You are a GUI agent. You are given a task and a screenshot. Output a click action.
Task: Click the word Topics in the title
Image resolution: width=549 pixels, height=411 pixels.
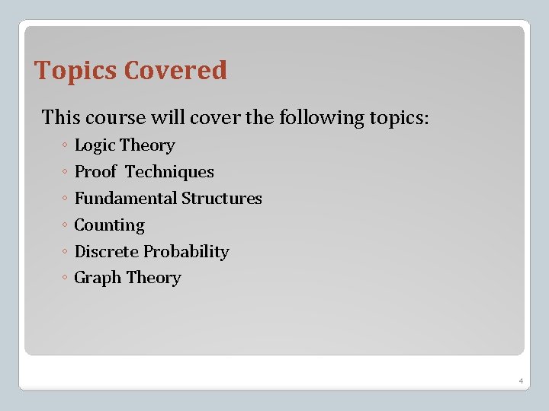76,71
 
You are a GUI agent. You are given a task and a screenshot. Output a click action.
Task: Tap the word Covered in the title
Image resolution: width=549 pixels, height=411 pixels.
175,71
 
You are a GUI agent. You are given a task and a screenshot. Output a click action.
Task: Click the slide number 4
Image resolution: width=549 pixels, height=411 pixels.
520,381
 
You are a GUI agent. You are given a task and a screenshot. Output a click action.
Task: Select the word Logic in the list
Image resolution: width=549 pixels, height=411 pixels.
95,145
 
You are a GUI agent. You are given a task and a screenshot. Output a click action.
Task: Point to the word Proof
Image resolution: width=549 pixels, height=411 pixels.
95,172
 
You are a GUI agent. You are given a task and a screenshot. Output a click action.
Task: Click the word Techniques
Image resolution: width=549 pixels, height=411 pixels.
169,172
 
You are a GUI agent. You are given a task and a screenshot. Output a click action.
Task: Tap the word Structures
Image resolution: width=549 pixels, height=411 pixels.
221,199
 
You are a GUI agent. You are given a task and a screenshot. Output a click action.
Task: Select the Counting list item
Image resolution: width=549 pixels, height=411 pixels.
109,225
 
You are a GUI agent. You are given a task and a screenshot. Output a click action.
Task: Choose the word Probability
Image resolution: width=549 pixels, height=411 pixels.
186,252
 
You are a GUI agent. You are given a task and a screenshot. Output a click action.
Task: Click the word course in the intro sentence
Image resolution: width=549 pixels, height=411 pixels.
113,118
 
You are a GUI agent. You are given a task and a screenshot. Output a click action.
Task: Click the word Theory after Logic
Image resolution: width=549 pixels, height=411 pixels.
147,145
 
